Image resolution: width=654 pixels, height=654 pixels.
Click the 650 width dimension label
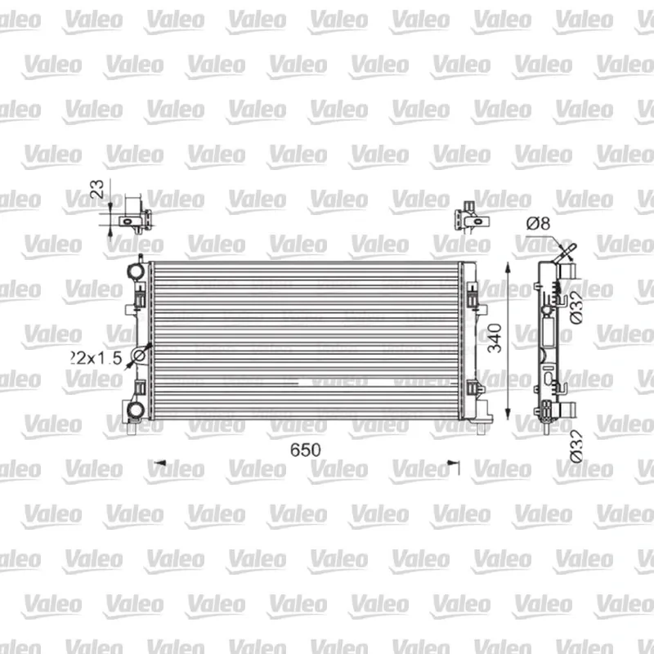coord(305,450)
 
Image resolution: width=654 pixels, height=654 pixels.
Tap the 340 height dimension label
coord(495,338)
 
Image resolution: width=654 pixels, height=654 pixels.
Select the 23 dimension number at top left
coord(96,189)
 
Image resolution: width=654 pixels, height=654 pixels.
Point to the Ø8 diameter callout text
coord(538,223)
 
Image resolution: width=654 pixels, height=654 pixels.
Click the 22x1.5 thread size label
coord(96,358)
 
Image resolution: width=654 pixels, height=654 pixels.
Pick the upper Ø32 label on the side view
coord(576,307)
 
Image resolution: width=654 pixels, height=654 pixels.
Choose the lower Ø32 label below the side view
coord(576,446)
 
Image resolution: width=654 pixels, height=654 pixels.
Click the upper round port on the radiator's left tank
coord(136,271)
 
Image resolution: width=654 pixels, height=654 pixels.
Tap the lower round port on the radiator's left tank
coord(136,410)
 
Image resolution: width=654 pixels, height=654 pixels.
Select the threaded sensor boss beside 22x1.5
coord(139,356)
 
